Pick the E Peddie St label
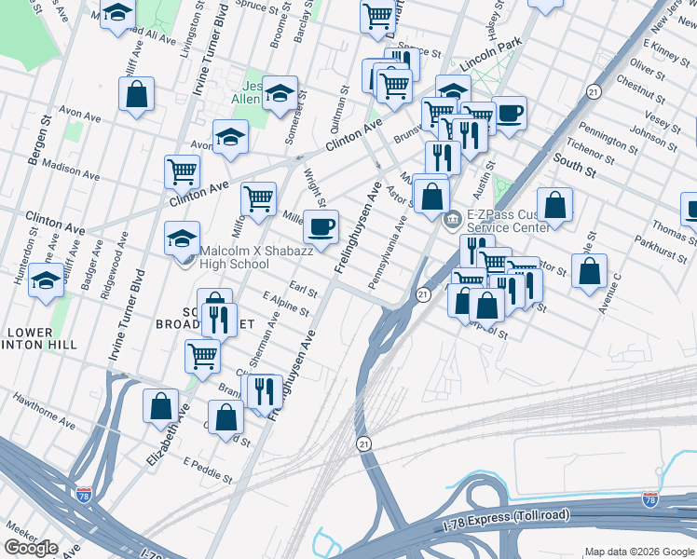pos(209,470)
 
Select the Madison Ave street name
pos(71,170)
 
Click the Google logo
pos(32,547)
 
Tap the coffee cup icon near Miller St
pos(321,226)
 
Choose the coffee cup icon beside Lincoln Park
pos(510,113)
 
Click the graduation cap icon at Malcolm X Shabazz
pos(183,238)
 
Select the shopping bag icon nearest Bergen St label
pos(136,93)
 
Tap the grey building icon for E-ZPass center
pos(451,220)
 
